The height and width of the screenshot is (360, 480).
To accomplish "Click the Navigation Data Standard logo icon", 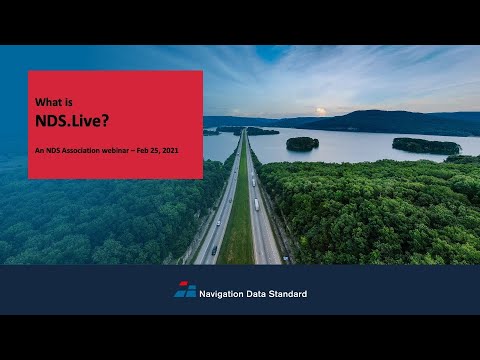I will coord(185,290).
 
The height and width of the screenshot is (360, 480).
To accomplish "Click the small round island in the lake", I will coord(302,144).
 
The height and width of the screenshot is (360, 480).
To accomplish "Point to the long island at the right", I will coord(425,146).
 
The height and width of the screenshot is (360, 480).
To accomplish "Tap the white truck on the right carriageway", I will coord(256,204).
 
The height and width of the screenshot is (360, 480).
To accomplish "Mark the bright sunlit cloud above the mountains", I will coord(320,111).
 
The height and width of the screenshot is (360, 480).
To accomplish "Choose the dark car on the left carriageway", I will coord(214,250).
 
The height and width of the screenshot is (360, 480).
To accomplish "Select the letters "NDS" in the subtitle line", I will coord(53,150).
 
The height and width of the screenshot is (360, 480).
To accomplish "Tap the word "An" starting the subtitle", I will coord(39,150).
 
